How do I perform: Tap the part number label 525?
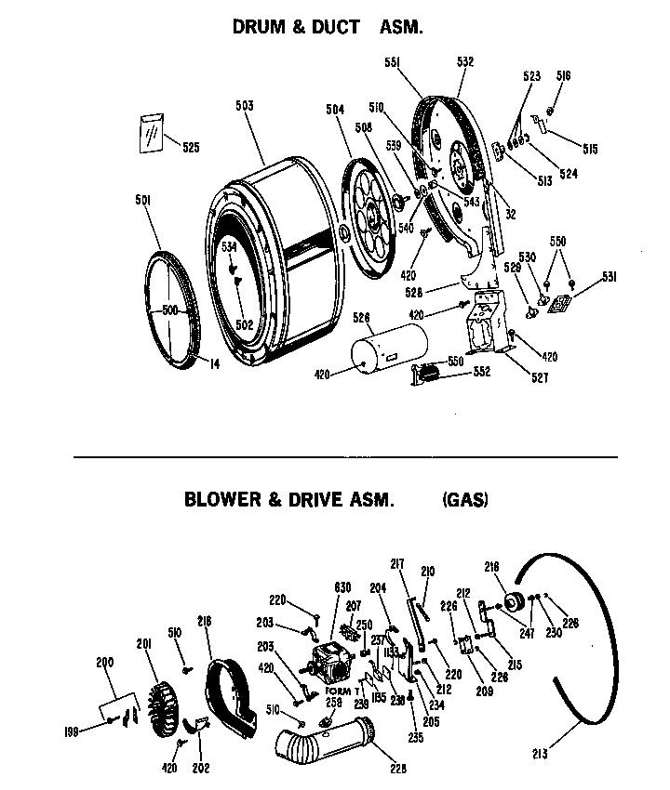(x=190, y=147)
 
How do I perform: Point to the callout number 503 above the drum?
(x=244, y=106)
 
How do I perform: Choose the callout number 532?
(x=465, y=61)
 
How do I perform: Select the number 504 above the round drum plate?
(x=335, y=110)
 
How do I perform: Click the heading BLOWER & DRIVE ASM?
(x=288, y=499)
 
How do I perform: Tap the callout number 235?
(x=415, y=738)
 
